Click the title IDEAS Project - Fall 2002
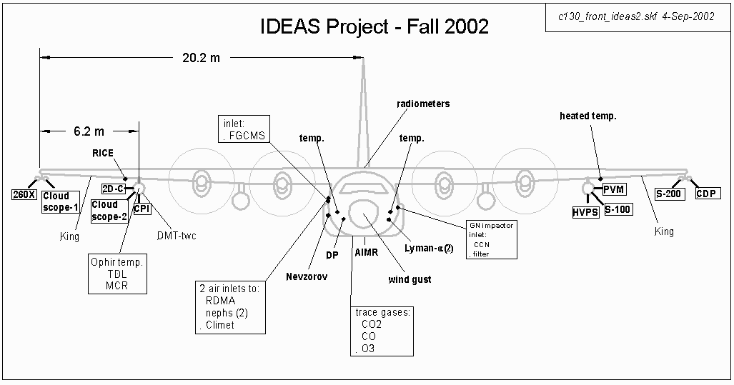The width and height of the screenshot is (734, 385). point(374,27)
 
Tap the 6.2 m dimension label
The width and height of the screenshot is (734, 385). point(89,131)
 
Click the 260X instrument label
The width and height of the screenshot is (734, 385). point(24,194)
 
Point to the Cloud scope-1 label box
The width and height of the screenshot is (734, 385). point(61,201)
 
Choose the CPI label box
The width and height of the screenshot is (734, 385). point(142,209)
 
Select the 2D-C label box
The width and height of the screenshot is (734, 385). point(114,189)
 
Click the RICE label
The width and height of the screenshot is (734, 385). point(102,153)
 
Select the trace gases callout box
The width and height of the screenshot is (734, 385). point(384,331)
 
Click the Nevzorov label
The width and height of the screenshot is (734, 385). point(307,276)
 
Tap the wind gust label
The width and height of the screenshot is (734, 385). point(410,279)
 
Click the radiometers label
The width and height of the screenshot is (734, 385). point(423,104)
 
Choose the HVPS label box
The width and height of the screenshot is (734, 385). point(585,212)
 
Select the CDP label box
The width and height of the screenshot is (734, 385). point(709,194)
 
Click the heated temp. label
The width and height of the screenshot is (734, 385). point(587,115)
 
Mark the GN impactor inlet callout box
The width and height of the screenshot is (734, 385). point(490,239)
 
